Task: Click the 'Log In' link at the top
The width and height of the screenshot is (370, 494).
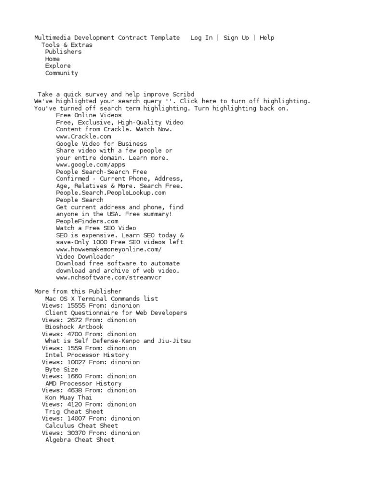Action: tap(201, 38)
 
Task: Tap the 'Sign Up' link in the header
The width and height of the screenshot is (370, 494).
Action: tap(236, 38)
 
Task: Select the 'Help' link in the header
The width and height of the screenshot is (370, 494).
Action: tap(267, 38)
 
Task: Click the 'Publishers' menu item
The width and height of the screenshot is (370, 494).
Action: tap(63, 52)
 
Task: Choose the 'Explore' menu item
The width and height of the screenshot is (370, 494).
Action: tap(58, 66)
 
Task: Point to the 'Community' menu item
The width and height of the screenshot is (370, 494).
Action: tap(61, 73)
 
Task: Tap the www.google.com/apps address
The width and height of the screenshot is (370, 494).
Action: tap(91, 165)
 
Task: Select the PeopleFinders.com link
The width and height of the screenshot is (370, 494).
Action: tap(87, 221)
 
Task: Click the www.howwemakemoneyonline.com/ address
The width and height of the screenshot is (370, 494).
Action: tap(109, 249)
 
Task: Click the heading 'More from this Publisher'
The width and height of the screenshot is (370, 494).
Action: tap(78, 291)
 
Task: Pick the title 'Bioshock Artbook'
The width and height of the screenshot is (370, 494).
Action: tap(74, 327)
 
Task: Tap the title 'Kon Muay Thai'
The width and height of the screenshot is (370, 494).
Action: tap(68, 398)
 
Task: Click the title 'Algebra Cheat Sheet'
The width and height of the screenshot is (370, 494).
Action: tap(80, 439)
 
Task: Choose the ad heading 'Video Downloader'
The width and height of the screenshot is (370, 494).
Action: tap(85, 256)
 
